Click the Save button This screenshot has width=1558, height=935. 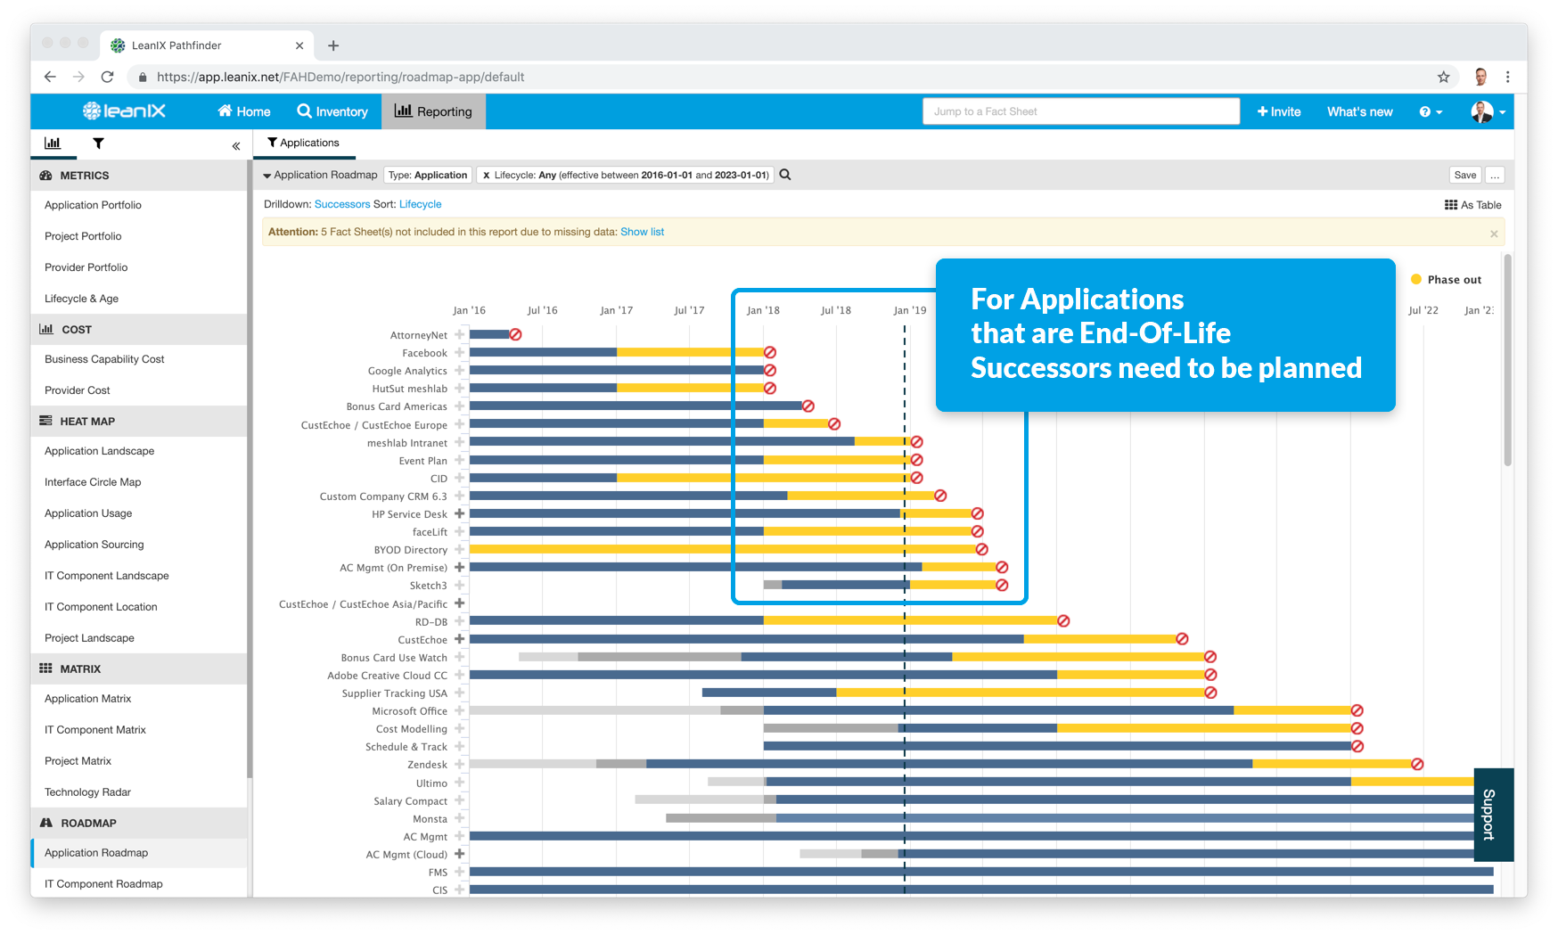[x=1464, y=175]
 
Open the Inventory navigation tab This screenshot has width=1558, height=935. [x=332, y=111]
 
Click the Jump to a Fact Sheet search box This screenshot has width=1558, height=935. [x=1080, y=111]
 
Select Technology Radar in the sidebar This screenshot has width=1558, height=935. [x=87, y=791]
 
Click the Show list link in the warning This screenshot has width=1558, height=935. [x=642, y=232]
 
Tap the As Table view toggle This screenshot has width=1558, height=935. [x=1472, y=205]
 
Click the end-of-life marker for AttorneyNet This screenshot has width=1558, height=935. [x=515, y=334]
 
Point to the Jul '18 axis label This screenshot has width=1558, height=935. [x=835, y=310]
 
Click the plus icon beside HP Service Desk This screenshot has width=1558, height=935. [x=460, y=513]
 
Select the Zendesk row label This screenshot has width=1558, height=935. [x=427, y=765]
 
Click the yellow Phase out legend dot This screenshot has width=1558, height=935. [x=1416, y=279]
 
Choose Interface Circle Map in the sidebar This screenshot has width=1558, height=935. [x=93, y=482]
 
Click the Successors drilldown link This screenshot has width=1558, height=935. [x=342, y=204]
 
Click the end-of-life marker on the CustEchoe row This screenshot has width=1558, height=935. [x=1182, y=639]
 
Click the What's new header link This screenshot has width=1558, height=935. [x=1359, y=111]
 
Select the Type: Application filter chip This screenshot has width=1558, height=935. [x=428, y=175]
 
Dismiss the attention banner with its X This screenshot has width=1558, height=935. [x=1494, y=234]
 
